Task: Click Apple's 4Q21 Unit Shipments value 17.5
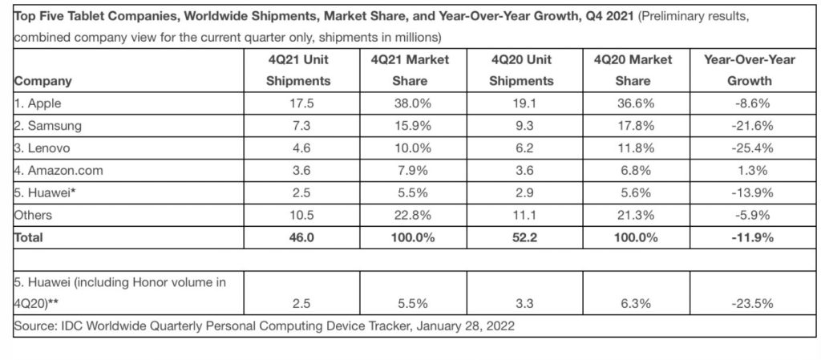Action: coord(298,103)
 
